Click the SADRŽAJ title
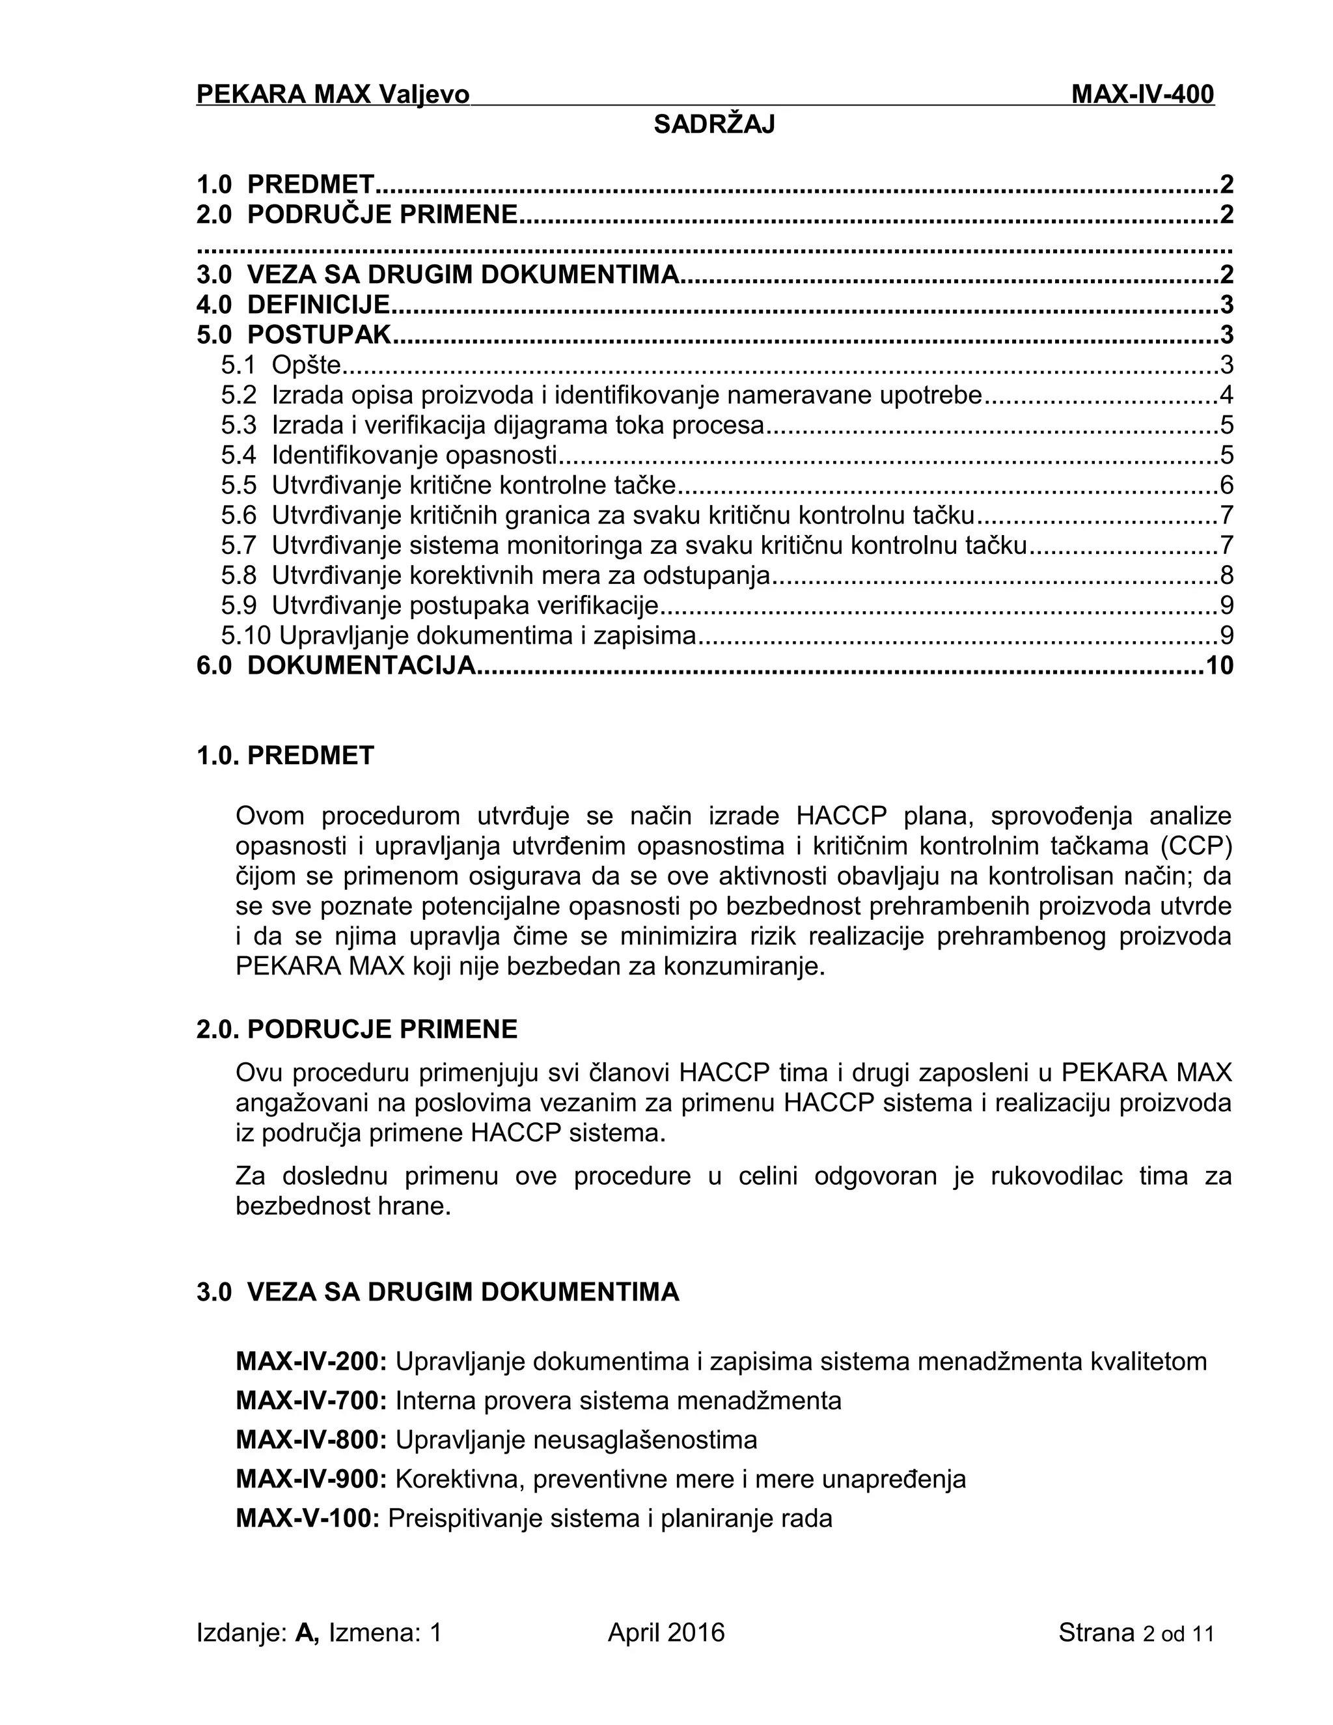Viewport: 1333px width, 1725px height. click(714, 125)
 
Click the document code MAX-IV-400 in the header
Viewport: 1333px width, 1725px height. click(1142, 95)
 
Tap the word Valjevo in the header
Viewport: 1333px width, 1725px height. click(423, 95)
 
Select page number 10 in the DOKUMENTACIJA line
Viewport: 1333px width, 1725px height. click(1218, 666)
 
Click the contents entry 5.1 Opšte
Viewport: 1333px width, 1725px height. click(281, 365)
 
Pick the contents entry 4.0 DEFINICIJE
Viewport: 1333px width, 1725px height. click(293, 305)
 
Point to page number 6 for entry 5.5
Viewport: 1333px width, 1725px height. click(1226, 485)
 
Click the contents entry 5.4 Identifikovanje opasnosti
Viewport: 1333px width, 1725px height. click(389, 455)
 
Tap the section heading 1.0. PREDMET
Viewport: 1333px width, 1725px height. click(285, 756)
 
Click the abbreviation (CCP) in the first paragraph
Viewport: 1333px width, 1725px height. click(1196, 846)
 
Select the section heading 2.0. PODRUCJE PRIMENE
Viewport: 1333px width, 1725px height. click(357, 1029)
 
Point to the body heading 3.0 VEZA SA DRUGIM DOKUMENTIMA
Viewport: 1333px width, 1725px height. click(437, 1292)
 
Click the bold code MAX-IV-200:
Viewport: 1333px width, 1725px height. click(311, 1362)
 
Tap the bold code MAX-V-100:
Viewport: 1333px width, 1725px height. click(308, 1518)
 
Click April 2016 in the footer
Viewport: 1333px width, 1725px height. click(666, 1633)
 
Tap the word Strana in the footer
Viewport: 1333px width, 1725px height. click(1096, 1633)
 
